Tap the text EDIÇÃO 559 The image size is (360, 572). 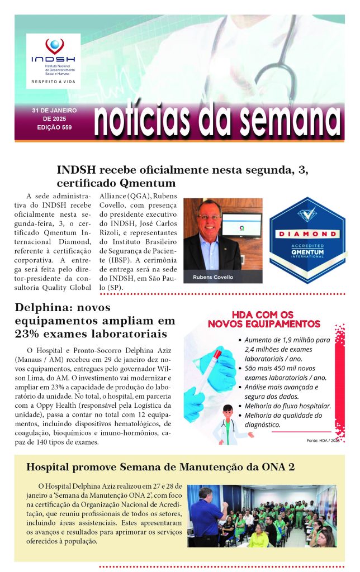point(54,127)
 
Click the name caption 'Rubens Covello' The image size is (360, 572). point(212,277)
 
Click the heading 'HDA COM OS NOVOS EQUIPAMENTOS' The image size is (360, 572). point(264,319)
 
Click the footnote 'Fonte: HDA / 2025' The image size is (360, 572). point(323,441)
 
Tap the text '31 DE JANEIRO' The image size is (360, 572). point(54,111)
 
